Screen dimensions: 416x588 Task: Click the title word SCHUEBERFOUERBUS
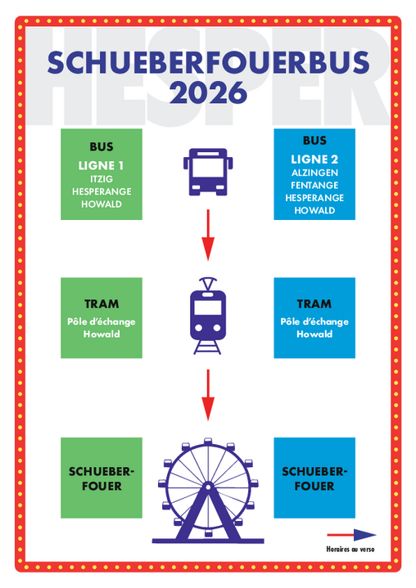tap(208, 63)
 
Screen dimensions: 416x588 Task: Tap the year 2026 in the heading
tap(208, 92)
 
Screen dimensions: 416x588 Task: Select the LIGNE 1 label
tap(101, 165)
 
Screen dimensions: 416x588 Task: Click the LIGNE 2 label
tap(314, 159)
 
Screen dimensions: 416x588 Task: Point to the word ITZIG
tap(102, 179)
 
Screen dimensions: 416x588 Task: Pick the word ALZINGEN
tap(314, 173)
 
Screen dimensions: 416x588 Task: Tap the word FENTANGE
tap(314, 186)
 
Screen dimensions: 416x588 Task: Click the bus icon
tap(208, 172)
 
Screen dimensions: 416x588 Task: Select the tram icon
tap(208, 316)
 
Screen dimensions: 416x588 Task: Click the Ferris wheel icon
tap(208, 491)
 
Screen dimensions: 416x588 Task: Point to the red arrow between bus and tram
tap(208, 236)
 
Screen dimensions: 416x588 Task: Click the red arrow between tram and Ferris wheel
tap(208, 395)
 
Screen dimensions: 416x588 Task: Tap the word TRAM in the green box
tap(102, 303)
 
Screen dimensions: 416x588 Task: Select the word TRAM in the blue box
tap(314, 303)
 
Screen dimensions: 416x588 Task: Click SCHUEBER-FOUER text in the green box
tap(102, 478)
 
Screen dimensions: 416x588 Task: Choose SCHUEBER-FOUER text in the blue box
tap(314, 478)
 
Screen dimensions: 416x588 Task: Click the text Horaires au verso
tap(350, 549)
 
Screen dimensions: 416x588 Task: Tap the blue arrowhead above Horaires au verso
tap(364, 535)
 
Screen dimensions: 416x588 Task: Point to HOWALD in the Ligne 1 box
tap(102, 204)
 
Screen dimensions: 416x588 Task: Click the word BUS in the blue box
tap(314, 141)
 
